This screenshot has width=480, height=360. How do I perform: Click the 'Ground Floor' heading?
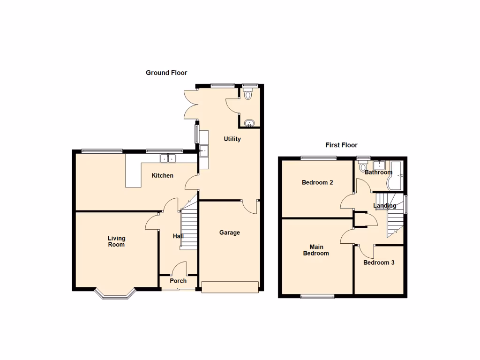[x=166, y=73]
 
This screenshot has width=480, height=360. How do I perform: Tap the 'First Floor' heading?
[x=341, y=145]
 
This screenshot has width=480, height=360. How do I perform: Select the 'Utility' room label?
[x=232, y=139]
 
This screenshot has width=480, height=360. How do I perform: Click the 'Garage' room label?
[x=230, y=232]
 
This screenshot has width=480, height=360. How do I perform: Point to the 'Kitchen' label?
[x=162, y=176]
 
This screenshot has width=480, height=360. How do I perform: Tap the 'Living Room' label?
[x=116, y=241]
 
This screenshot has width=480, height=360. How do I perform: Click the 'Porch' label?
[x=178, y=281]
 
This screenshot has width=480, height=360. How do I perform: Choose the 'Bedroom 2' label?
[x=317, y=182]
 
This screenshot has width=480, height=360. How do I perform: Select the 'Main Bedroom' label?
[x=316, y=250]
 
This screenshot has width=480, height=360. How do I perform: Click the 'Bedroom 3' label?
[x=379, y=262]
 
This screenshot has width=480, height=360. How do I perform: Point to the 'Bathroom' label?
[x=378, y=172]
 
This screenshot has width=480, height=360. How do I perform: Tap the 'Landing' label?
[x=384, y=206]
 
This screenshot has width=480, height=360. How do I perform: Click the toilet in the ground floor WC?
[x=248, y=94]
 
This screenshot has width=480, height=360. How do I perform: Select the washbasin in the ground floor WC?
[x=249, y=124]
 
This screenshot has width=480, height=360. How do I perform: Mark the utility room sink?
[x=204, y=151]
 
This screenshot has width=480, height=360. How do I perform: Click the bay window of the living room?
[x=115, y=294]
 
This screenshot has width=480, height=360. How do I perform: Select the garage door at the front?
[x=230, y=287]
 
